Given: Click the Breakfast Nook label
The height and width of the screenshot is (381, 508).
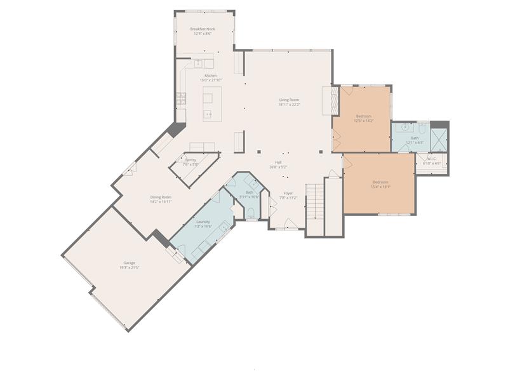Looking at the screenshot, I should (203, 29).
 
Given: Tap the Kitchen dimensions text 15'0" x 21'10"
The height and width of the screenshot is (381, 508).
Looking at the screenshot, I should (211, 81).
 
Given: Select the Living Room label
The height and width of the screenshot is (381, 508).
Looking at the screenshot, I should (289, 100).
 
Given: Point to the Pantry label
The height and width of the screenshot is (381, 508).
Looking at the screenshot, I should (190, 160).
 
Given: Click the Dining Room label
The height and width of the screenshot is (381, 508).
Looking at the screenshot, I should (161, 197).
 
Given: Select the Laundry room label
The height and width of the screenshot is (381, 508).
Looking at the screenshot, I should (203, 222).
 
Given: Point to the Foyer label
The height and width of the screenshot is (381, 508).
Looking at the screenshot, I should (288, 193).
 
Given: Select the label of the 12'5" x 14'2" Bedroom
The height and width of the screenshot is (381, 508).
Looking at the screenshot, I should (363, 116).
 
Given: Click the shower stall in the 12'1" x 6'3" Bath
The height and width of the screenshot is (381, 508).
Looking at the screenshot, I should (439, 140).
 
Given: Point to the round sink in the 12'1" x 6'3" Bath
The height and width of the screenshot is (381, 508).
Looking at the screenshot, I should (404, 128).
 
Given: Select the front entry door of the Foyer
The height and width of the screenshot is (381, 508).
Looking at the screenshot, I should (288, 224).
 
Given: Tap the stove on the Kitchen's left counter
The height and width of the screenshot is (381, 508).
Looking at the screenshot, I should (181, 98).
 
